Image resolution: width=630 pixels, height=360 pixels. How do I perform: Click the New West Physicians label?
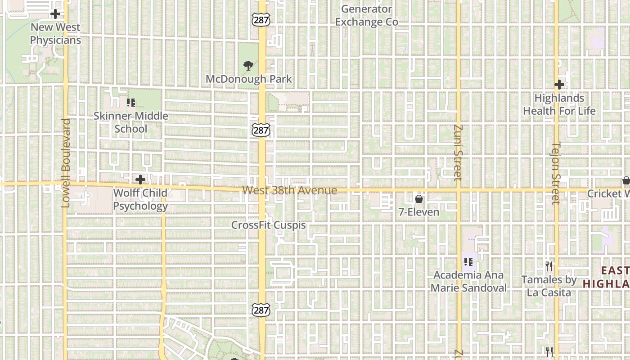pos(55,34)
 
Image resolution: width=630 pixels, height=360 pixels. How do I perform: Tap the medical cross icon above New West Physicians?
pos(55,14)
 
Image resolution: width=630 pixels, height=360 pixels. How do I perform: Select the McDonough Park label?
pos(249,79)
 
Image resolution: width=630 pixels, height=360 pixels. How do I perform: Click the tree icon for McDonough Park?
pos(248,66)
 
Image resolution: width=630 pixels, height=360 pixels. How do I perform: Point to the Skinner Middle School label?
pos(131,122)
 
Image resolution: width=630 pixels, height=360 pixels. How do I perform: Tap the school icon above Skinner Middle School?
pos(131,103)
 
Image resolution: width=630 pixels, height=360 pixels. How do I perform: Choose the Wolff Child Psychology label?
pos(140,199)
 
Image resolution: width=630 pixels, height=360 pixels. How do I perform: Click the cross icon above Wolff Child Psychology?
pos(140,180)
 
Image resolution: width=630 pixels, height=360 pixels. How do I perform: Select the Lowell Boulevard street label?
pos(66,163)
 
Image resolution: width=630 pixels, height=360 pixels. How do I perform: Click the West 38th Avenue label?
pos(289,190)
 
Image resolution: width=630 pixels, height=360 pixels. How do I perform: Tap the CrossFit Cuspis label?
pos(269,225)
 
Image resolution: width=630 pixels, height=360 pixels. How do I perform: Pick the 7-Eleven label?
pos(419,211)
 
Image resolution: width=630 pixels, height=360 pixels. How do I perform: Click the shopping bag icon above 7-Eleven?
pos(419,198)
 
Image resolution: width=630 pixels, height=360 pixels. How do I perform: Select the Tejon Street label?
pos(556,173)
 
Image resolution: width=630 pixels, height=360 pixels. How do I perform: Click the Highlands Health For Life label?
pos(559,104)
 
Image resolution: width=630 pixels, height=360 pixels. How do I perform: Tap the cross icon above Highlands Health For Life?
pos(559,85)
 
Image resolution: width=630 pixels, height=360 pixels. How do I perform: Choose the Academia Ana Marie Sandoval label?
pos(468,281)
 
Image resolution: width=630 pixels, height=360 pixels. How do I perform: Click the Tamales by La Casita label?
pos(549,286)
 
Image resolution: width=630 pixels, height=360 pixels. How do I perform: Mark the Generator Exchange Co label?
pos(366,15)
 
